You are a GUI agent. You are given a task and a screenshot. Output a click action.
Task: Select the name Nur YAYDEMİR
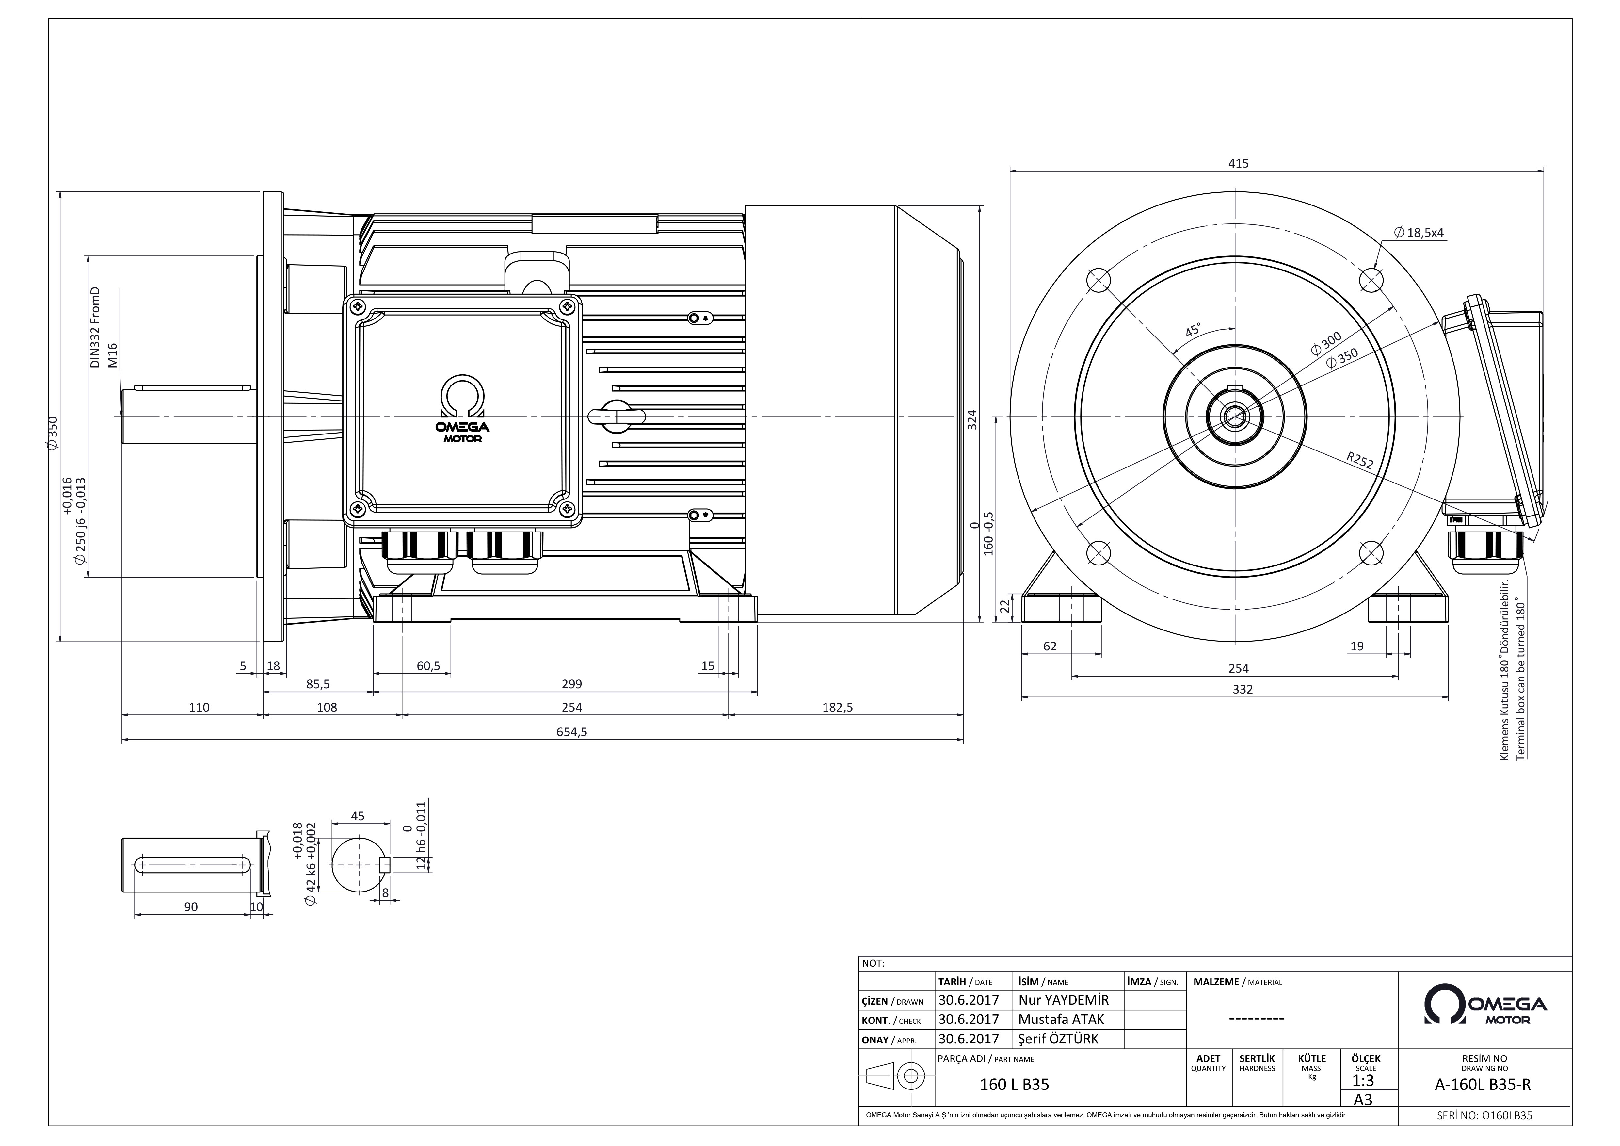[x=1064, y=1000]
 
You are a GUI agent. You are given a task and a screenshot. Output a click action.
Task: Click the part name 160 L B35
[x=1015, y=1085]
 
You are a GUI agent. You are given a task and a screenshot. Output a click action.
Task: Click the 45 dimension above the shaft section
[x=358, y=816]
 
